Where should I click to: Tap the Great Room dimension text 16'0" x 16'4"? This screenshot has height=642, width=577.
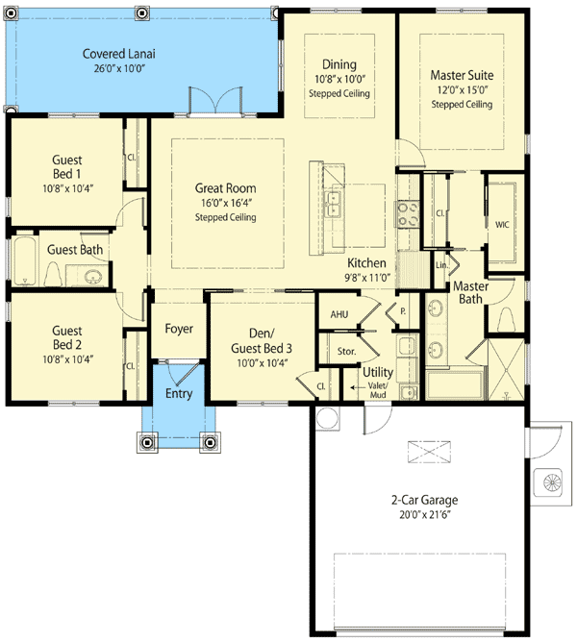(226, 203)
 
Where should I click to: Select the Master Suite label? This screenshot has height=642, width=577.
(461, 75)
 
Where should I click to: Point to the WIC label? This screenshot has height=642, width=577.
(501, 224)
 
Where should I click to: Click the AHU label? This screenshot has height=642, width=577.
(339, 313)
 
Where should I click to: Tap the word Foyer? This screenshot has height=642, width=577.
(178, 329)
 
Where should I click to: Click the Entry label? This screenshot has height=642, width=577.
(178, 393)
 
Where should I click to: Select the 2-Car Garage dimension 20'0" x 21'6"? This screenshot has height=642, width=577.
(424, 515)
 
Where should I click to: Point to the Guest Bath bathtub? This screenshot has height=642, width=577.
(24, 262)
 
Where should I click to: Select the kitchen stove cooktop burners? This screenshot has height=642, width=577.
(408, 211)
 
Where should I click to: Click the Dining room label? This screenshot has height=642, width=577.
(339, 63)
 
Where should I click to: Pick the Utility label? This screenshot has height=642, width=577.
(377, 370)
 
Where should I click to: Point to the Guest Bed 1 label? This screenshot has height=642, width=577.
(67, 166)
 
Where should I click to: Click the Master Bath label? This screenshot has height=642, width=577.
(470, 292)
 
